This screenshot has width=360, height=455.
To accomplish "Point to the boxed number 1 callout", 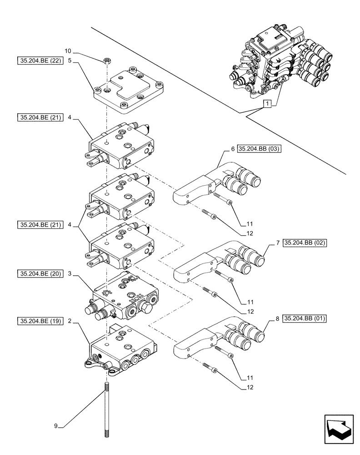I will point(269,104).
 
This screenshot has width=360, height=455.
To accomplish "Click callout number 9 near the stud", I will point(56,426).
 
